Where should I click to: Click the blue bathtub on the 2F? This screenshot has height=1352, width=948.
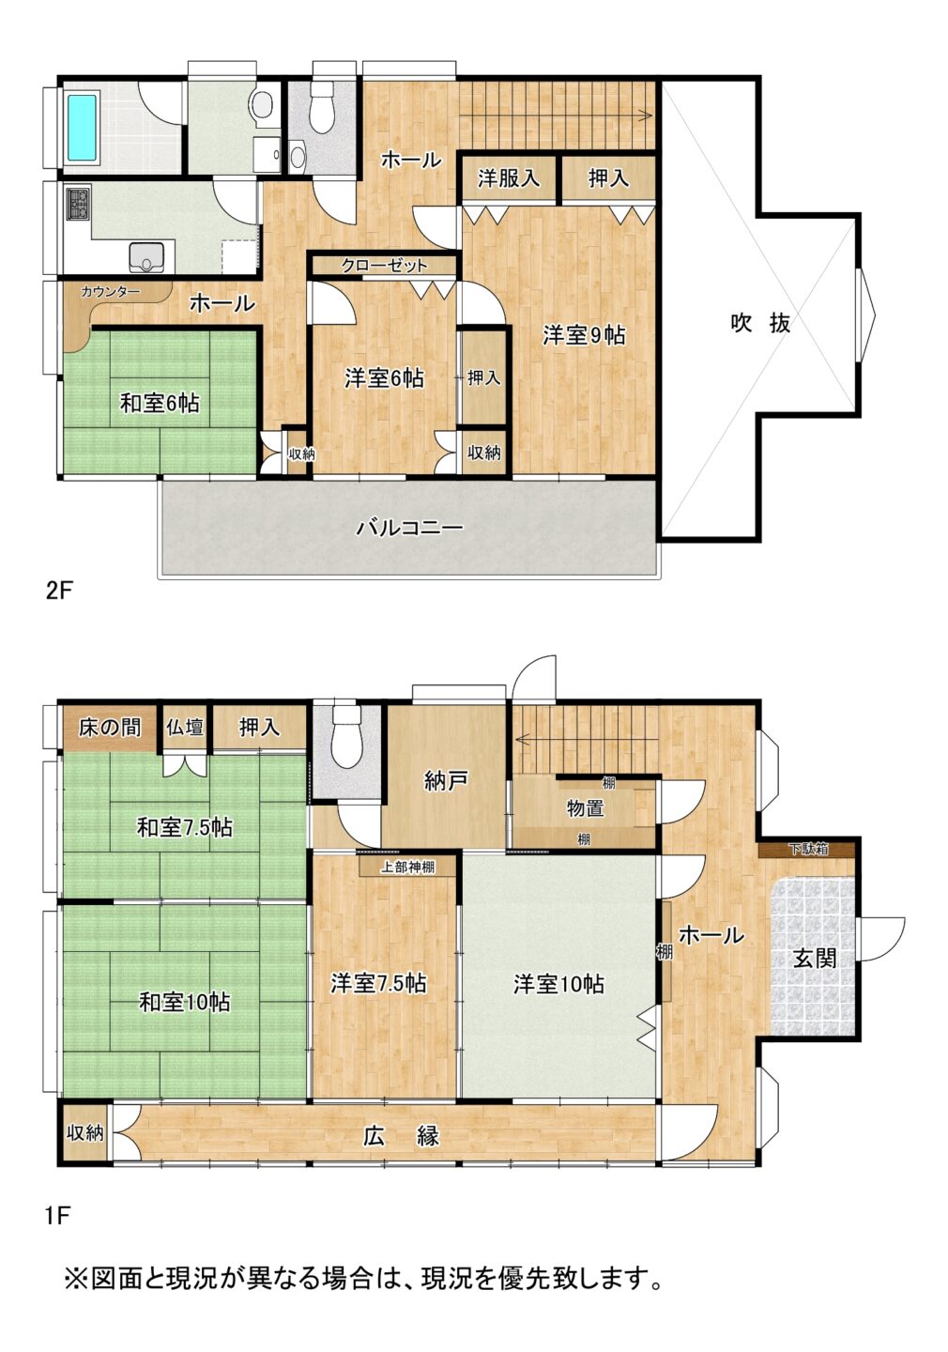[82, 128]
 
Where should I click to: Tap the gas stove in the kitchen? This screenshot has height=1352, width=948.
[79, 204]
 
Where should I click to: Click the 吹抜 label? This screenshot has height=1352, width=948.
[759, 323]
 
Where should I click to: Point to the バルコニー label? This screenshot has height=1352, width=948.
[409, 528]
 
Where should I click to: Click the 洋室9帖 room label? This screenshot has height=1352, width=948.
[584, 335]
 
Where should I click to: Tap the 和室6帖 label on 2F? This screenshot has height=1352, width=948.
[160, 403]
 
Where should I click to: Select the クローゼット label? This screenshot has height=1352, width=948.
[384, 265]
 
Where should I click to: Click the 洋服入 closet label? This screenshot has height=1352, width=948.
[508, 178]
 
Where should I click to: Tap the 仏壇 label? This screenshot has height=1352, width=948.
[185, 727]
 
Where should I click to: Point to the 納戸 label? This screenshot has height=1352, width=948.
[444, 781]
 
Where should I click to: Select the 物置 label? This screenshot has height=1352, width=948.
[585, 807]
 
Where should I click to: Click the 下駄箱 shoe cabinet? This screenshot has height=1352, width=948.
[808, 849]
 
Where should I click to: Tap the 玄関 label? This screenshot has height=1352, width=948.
[814, 958]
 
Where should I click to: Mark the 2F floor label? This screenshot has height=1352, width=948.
[58, 591]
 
